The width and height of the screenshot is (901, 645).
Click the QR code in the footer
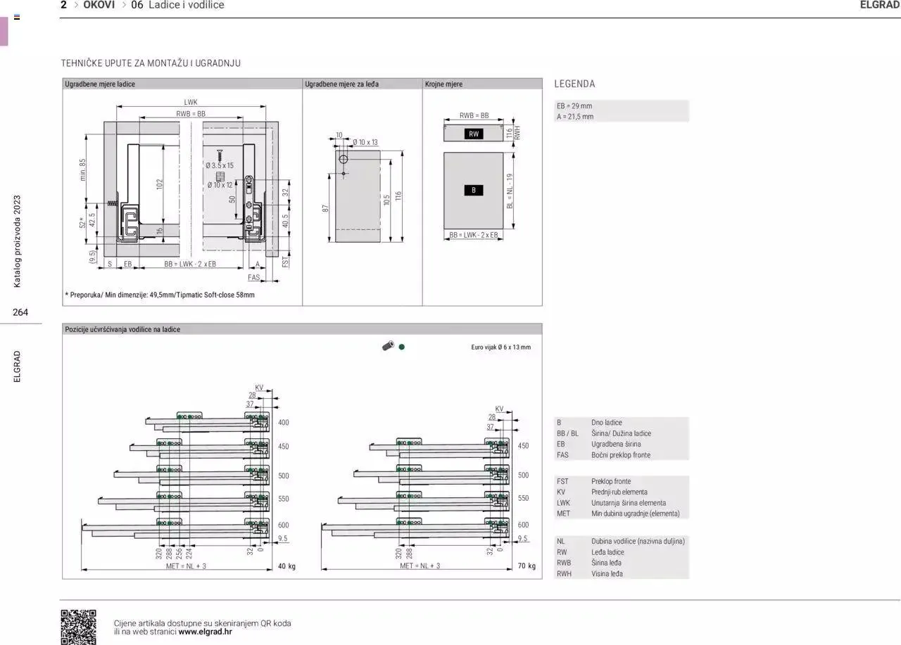[78, 626]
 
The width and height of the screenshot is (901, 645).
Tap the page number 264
[20, 312]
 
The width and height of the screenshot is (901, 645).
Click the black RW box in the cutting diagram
[474, 134]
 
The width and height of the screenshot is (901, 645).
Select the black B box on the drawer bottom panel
[474, 190]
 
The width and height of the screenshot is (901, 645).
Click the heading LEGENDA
[574, 84]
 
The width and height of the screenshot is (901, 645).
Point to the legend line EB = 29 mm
[574, 106]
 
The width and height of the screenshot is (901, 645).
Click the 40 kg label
[286, 566]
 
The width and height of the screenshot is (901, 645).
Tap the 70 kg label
[527, 566]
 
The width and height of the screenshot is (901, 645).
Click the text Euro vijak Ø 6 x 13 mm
[500, 347]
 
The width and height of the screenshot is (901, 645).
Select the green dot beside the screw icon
[401, 347]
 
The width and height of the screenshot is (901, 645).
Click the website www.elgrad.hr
[205, 632]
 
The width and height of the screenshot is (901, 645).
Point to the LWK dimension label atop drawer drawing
[191, 102]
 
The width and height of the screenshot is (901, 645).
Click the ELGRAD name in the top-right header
[879, 5]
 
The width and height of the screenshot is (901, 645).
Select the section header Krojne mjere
[443, 84]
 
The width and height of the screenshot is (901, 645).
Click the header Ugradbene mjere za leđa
[341, 84]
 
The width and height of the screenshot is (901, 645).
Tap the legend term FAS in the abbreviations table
[562, 455]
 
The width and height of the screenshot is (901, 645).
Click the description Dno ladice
[606, 423]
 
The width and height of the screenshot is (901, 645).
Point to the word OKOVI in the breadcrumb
[99, 5]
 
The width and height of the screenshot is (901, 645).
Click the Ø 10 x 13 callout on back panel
[365, 143]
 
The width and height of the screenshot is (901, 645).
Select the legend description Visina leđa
[607, 574]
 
